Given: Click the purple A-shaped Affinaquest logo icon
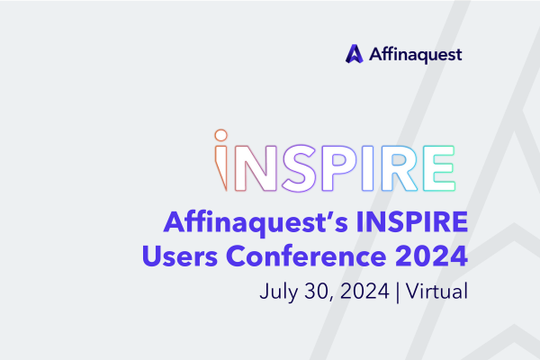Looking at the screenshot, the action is (354, 54).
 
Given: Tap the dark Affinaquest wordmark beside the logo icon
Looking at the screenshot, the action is (415, 55).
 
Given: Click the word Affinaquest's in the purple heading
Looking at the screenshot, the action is (256, 223).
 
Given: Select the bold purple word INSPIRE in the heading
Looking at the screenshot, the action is (412, 222).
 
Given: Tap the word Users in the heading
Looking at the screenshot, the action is (180, 256).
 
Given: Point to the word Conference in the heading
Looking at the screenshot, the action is (306, 256).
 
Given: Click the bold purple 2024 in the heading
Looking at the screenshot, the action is (431, 256).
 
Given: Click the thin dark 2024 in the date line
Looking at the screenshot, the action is (364, 291).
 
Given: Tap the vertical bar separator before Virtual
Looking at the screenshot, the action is (398, 292).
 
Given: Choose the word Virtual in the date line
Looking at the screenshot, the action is (436, 291).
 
